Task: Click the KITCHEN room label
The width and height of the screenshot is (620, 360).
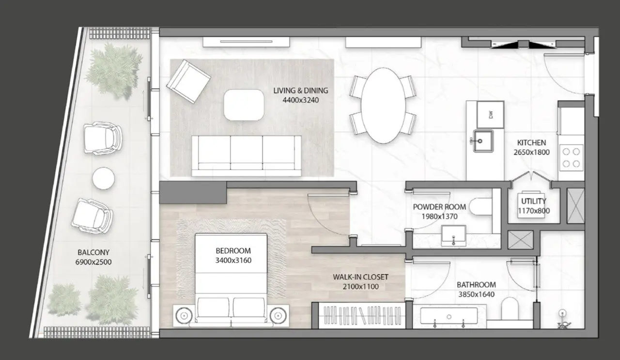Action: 531,143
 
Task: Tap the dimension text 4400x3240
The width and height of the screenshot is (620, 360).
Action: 300,100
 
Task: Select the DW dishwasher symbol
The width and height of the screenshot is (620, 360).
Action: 491,115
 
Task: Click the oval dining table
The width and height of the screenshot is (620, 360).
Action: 383,105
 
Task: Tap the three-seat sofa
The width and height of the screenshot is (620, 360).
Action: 246,155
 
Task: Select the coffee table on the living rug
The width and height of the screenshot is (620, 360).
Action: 244,105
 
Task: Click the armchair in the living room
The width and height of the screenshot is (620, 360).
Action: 188,80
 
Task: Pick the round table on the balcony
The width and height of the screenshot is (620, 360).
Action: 103,178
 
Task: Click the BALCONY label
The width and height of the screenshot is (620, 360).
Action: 93,252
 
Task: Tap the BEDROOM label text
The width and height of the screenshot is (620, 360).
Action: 233,251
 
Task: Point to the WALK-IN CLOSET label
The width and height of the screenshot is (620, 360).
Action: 360,277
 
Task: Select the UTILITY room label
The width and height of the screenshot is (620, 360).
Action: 534,201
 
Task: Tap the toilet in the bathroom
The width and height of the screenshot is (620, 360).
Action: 510,309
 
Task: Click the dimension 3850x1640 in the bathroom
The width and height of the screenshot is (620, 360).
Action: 476,294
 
